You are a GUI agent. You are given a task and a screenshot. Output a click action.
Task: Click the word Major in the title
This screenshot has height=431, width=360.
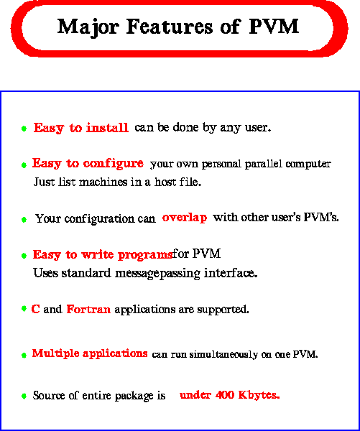pos(88,27)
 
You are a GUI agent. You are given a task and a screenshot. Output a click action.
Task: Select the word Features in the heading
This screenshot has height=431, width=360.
pos(170,27)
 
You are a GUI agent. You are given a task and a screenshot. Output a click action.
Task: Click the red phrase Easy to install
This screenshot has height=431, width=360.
pos(81,128)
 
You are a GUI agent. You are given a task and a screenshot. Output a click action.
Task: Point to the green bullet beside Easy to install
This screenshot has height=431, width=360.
pos(24,129)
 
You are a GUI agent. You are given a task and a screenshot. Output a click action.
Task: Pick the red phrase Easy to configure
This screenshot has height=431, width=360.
pos(88,164)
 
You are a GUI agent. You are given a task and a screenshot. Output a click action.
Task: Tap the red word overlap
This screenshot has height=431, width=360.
pos(185,218)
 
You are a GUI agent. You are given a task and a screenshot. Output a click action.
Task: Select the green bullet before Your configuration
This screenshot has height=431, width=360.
pos(24,220)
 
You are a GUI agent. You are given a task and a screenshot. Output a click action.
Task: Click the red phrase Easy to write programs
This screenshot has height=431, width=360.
pos(103,255)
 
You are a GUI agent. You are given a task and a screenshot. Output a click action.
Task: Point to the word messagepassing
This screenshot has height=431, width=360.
pos(157,274)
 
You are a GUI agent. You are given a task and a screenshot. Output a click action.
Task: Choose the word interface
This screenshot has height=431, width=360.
pos(231,273)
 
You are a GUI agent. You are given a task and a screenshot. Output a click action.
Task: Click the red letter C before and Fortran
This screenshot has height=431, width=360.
pos(35,309)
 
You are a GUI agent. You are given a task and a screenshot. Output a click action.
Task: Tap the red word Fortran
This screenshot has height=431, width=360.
pos(88,309)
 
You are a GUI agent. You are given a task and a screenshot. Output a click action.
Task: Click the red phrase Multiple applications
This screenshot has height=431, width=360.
pos(90,353)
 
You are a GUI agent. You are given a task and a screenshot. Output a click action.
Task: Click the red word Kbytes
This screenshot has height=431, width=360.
pos(259,395)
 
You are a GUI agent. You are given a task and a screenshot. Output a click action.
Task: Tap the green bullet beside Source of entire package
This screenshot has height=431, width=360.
pos(24,396)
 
